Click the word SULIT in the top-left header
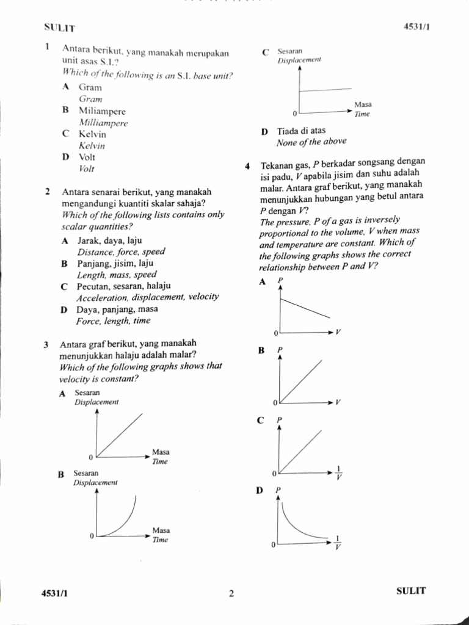coord(59,27)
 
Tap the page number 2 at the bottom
coord(231,593)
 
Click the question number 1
coord(47,48)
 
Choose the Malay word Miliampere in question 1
coord(102,111)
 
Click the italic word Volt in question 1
coord(87,168)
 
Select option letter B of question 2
coord(64,264)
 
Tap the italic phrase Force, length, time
coord(113,320)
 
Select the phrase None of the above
coord(311,142)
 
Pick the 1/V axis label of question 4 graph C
coord(339,473)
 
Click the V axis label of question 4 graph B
coord(338,403)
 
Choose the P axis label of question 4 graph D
coord(278,490)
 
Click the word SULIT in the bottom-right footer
coord(411,591)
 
